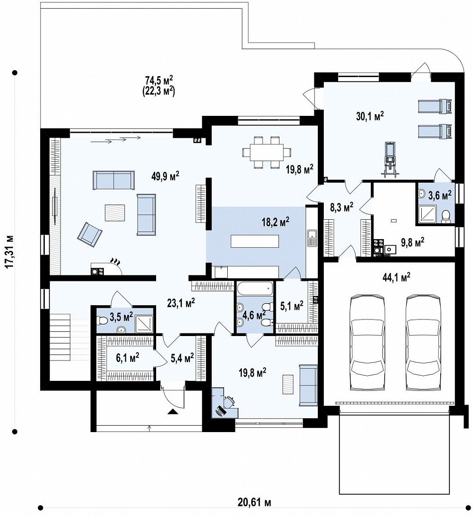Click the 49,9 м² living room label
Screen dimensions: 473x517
coord(165,176)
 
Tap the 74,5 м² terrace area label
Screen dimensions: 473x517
coord(159,80)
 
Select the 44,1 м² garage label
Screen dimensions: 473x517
coord(396,277)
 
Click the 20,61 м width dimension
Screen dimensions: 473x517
coord(255,502)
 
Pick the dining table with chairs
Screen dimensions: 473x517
coord(267,153)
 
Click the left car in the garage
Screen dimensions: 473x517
coord(367,343)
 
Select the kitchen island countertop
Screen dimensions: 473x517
coord(255,241)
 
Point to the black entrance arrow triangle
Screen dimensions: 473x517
coord(172,411)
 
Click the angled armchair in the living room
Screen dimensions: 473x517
coord(90,234)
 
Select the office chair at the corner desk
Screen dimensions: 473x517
coord(230,402)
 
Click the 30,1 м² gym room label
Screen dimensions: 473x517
coord(370,116)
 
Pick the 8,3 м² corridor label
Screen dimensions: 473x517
coord(341,207)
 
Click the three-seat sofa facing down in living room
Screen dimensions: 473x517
coord(114,180)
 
